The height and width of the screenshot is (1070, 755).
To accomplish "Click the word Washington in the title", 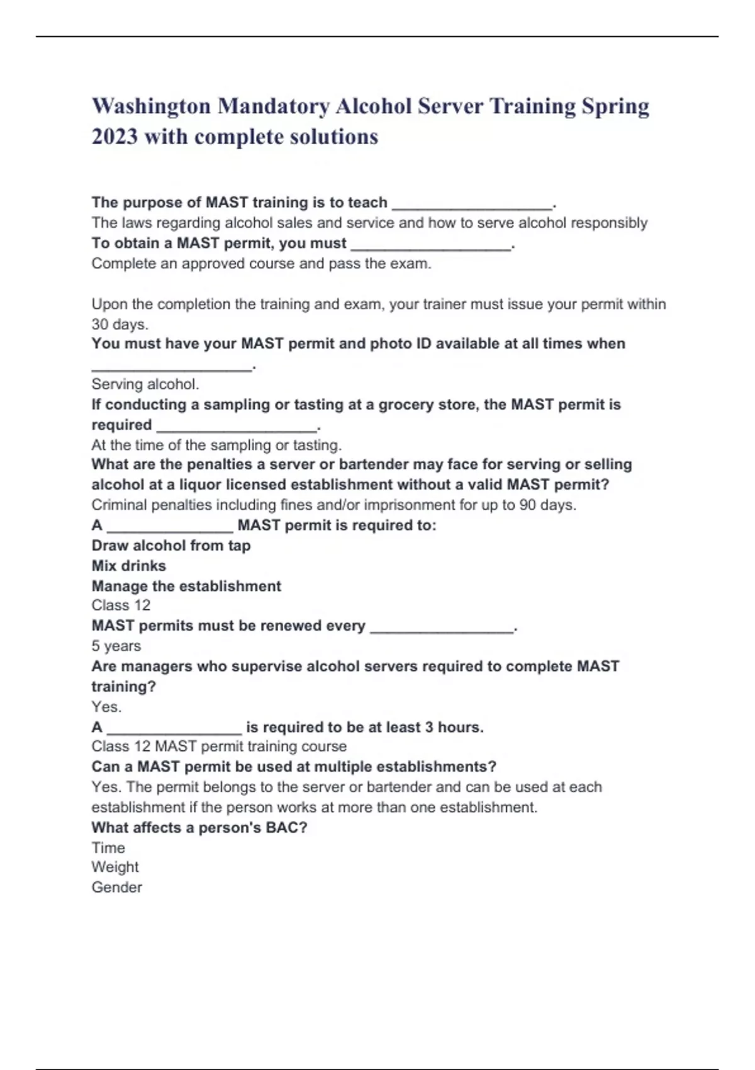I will [151, 106].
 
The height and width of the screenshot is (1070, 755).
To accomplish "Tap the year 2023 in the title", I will [115, 137].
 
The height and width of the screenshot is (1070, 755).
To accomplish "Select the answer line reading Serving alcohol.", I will [145, 384].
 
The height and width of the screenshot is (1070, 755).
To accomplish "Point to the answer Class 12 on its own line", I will [121, 605].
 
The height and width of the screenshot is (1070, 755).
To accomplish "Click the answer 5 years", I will [116, 646].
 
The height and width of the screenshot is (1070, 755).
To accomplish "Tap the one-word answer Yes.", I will [106, 707].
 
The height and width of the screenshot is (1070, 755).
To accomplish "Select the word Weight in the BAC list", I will [115, 867].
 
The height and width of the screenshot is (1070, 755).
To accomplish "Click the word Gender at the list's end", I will [117, 887].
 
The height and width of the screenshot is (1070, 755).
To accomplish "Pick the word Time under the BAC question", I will [108, 848].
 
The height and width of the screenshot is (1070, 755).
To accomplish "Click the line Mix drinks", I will [129, 566].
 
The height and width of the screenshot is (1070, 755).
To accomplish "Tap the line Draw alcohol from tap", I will [171, 546].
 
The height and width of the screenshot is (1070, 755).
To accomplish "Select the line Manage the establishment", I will [186, 586].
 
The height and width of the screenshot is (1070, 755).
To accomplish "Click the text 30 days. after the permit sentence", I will [120, 325].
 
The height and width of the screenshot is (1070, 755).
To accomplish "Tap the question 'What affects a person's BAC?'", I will [199, 828].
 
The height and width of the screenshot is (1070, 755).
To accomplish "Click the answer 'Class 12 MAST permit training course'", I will [219, 746].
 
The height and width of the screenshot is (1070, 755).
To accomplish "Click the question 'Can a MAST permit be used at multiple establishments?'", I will [294, 767].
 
